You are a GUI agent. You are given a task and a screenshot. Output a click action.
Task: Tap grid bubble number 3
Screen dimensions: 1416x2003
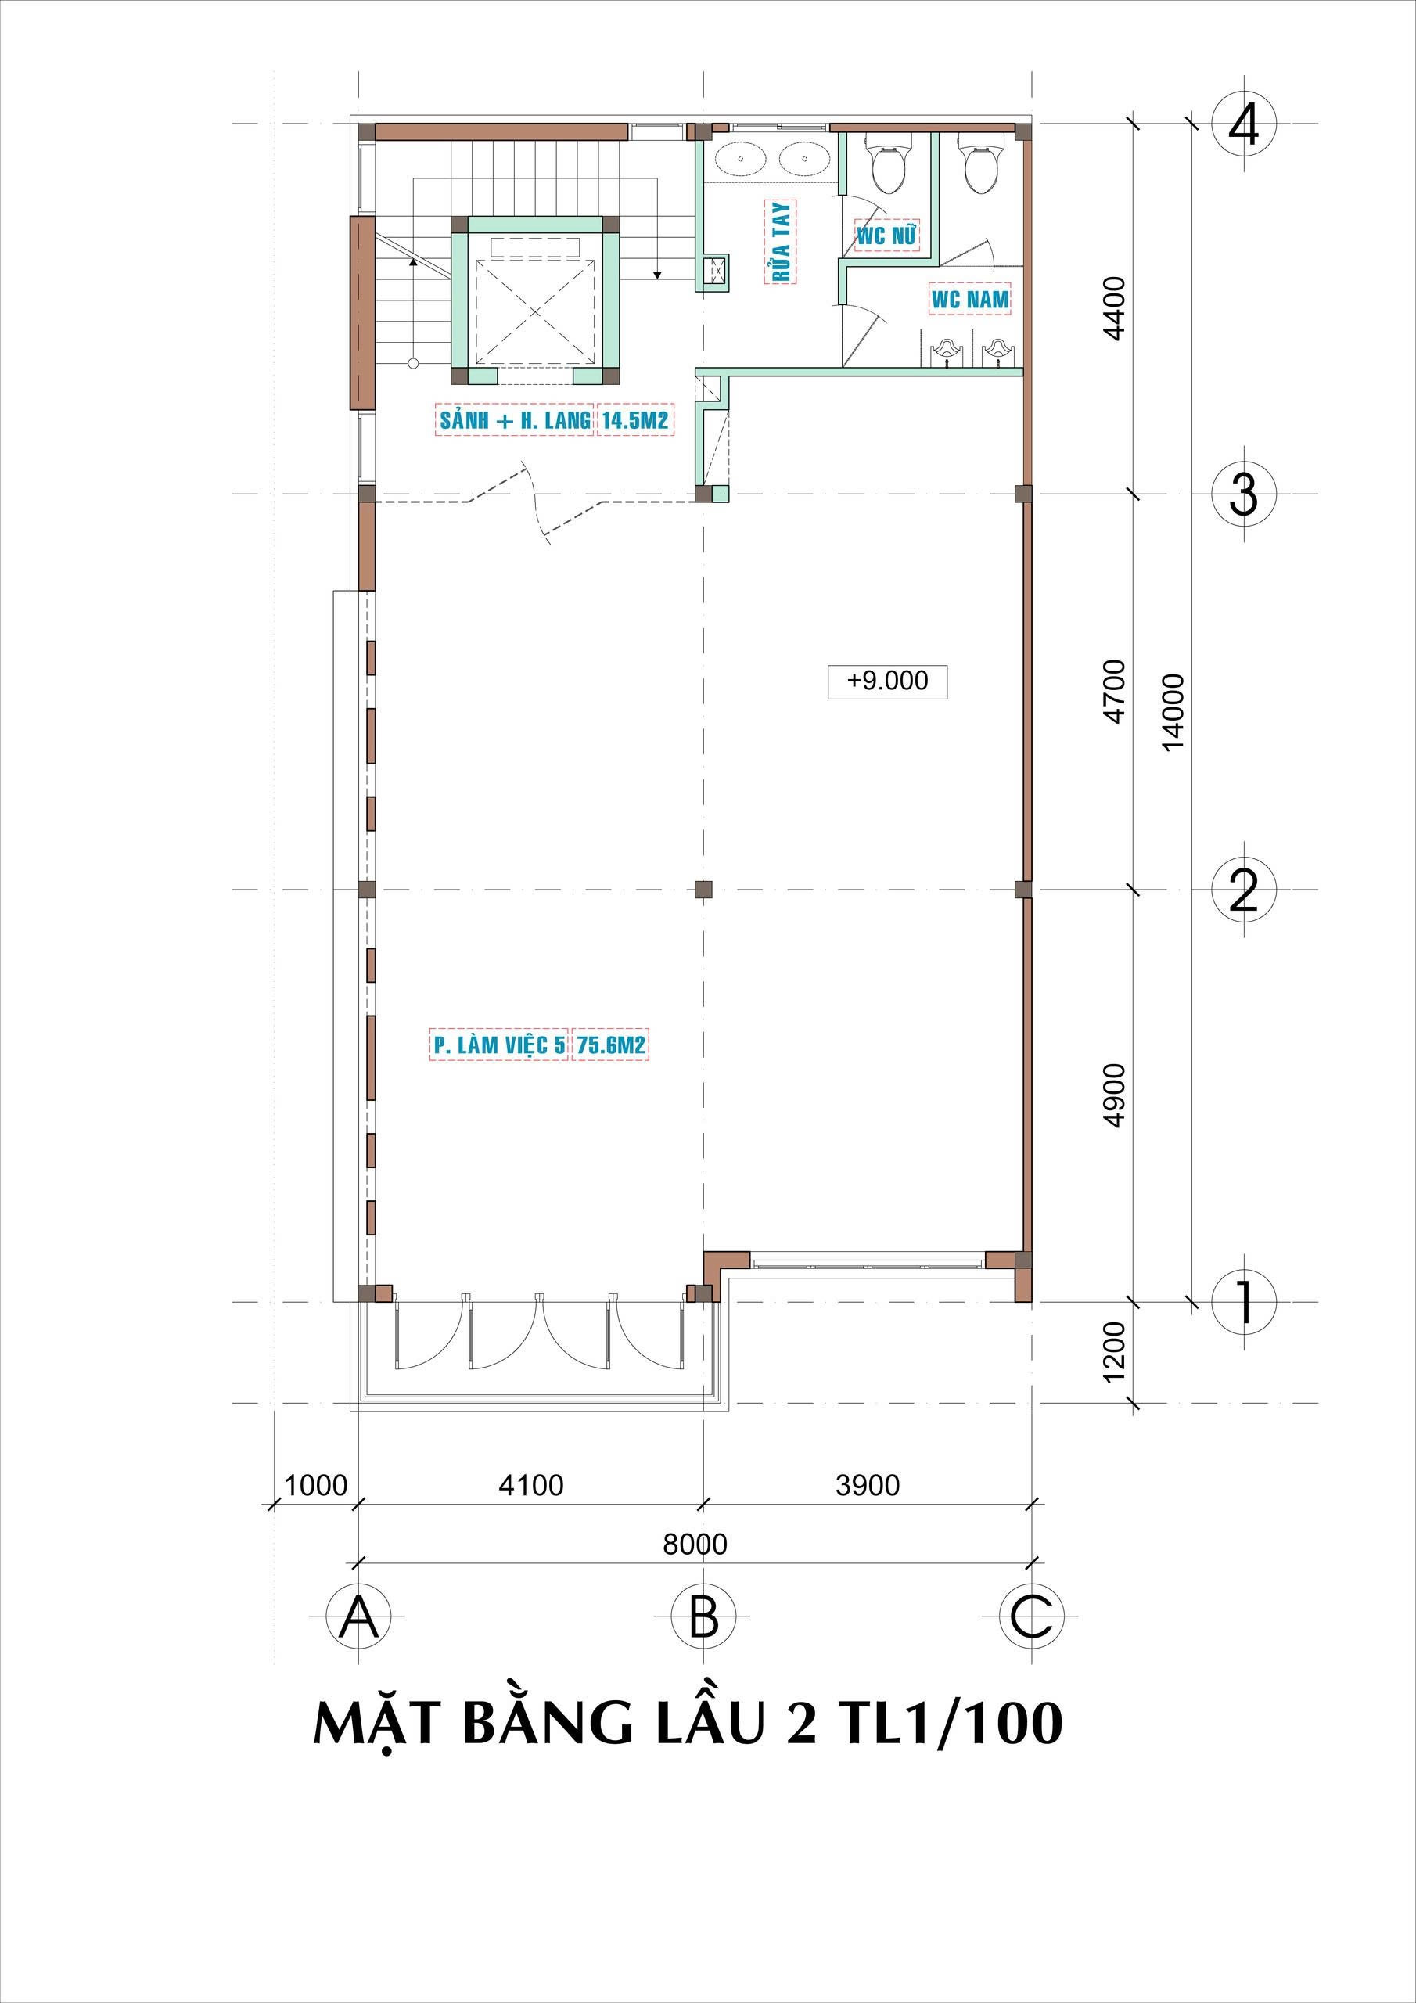1243,494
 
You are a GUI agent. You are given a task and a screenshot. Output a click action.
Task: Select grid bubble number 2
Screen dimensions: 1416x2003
1243,890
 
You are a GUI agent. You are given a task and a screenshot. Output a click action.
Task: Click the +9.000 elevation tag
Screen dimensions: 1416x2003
887,681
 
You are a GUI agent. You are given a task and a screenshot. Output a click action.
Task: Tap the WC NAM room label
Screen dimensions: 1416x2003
970,299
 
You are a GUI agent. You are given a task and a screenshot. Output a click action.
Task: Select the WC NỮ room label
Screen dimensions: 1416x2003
887,235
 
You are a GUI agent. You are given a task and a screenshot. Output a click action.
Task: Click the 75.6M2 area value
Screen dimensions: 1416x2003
612,1045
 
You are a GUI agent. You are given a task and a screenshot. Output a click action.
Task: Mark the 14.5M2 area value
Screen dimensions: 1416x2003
634,420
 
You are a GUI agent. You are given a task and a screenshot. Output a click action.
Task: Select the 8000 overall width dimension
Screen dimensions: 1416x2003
695,1545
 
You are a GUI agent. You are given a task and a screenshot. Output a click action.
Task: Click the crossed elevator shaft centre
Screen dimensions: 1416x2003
534,310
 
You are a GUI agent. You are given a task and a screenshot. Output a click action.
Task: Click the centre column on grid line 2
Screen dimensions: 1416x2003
703,890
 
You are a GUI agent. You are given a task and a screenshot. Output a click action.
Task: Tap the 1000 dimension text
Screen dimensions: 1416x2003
316,1485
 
